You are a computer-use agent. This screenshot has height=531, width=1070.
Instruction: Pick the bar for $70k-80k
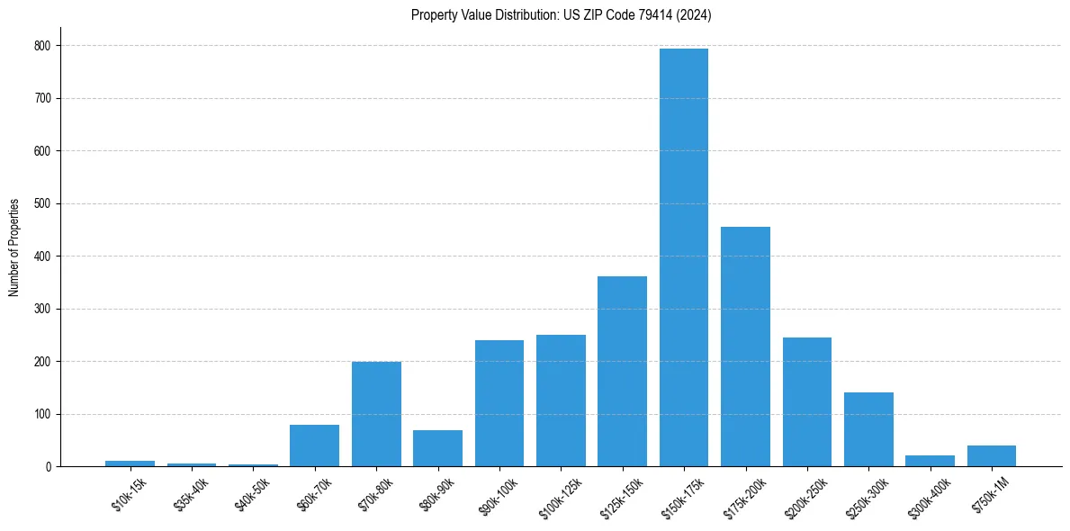point(376,414)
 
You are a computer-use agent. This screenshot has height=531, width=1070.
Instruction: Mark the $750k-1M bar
point(992,455)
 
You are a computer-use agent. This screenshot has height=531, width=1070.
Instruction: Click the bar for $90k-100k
point(499,403)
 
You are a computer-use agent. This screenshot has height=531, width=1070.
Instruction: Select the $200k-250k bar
point(807,401)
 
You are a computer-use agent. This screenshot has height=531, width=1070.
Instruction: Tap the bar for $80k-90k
point(437,448)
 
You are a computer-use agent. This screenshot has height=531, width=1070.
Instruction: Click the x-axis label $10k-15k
point(129,495)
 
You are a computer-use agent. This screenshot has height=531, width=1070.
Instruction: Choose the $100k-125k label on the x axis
point(557,498)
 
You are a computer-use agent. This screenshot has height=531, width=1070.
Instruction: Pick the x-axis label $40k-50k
point(251,495)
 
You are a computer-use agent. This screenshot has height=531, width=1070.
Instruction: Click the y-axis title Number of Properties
point(14,247)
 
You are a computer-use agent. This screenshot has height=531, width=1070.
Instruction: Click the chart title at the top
point(562,14)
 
